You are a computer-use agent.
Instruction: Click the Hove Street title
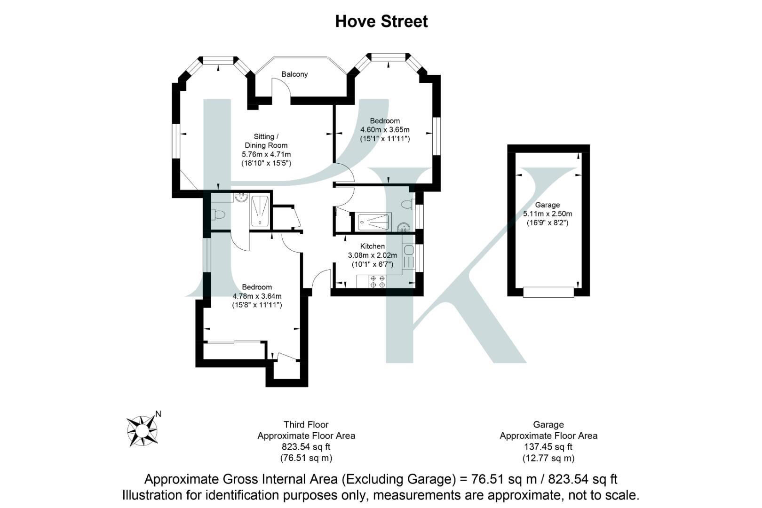381,22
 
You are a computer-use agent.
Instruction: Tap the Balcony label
294,74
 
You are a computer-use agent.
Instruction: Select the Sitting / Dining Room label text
266,141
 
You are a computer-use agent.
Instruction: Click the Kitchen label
372,246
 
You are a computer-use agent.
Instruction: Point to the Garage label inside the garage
547,205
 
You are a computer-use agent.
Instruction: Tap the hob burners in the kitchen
378,282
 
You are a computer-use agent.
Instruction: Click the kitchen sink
408,250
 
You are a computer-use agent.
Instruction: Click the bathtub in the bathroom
374,222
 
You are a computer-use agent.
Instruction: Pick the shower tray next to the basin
260,212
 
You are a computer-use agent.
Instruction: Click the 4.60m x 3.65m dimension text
385,130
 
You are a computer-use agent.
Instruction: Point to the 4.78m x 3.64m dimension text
257,296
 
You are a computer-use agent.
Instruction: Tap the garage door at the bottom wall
548,292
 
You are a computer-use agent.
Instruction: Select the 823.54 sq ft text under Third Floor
306,447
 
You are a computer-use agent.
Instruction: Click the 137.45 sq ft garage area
548,447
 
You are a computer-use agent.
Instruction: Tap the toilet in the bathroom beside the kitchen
407,205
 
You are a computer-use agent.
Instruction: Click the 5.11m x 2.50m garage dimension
547,214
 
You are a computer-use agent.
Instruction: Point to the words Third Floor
306,425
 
